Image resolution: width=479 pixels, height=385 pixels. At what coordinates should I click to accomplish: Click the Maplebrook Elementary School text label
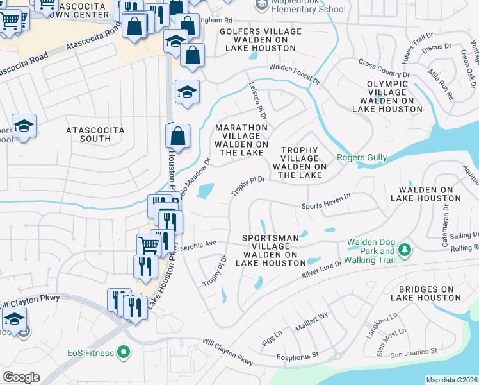pos(309,9)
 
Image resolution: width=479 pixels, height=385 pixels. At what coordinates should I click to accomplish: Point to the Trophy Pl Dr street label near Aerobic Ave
pos(215,272)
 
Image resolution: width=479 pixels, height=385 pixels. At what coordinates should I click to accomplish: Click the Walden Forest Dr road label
pos(294,73)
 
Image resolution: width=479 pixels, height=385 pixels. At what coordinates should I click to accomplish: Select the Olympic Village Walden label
pos(391,96)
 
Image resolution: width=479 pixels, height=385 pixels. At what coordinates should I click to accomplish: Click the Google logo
pos(21,377)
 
